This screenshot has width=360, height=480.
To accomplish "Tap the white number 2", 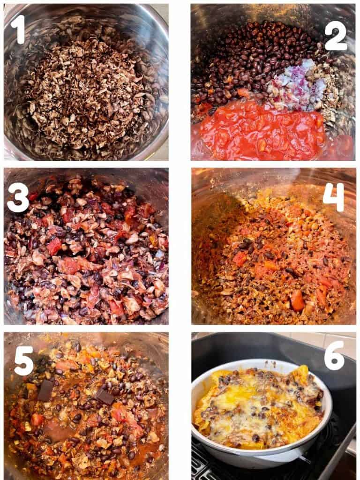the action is [x=335, y=36].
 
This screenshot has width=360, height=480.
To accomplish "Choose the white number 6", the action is [x=334, y=356].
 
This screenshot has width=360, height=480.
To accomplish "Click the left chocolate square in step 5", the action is [x=46, y=390].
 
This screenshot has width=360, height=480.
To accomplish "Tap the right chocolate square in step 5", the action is [x=104, y=396].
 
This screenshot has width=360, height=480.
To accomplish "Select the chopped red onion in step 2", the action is [x=299, y=84].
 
